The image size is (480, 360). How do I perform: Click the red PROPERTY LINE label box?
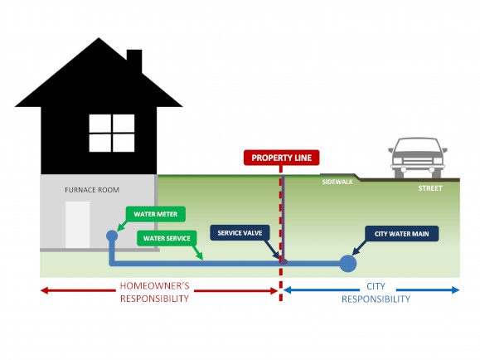coord(280,158)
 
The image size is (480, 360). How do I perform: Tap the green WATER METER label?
coord(155,215)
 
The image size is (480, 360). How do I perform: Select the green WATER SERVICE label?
coord(166,238)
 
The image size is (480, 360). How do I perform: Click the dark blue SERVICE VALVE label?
coord(240,234)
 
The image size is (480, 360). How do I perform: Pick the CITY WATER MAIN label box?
coord(401,234)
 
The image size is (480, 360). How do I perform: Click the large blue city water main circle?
coord(347,263)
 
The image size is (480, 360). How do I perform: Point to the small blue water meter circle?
coord(112,236)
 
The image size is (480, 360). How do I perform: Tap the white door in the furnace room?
coord(78,224)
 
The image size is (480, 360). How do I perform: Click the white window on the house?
coord(112,134)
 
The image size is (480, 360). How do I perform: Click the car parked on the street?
coord(419,158)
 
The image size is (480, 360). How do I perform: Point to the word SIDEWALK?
coord(337,182)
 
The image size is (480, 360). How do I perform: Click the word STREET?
coord(430,188)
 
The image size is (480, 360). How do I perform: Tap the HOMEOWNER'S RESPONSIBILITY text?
coord(155,292)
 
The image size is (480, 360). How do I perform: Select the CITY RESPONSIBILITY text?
coord(376,292)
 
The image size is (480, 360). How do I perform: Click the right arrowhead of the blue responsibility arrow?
coord(454,289)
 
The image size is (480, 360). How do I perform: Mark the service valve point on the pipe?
coord(282,262)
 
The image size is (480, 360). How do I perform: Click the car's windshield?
coord(419,148)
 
